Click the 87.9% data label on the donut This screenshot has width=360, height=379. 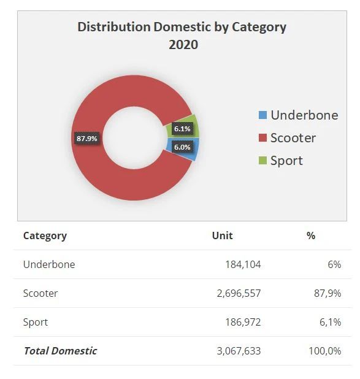(x=87, y=139)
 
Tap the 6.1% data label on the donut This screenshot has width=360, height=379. (x=182, y=129)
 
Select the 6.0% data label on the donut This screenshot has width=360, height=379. (x=182, y=147)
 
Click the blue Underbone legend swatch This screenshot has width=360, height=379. (x=262, y=115)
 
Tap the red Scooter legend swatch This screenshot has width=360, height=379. (x=262, y=138)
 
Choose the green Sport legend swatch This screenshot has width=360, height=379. (x=262, y=161)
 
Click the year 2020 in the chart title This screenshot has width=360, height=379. (x=183, y=45)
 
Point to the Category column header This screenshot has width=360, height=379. (x=45, y=236)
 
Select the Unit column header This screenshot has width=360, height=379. (x=222, y=235)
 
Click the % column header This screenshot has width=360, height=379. (x=311, y=235)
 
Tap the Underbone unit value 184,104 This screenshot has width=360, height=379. (x=243, y=264)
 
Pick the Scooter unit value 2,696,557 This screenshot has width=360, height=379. (x=239, y=293)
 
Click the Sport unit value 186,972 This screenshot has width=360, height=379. (x=243, y=322)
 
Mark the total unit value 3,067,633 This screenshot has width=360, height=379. (x=239, y=351)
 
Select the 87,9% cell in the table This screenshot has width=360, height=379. (x=327, y=293)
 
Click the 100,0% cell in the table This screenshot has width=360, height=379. (x=325, y=351)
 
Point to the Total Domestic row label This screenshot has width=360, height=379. (x=60, y=351)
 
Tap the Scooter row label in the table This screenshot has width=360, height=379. (x=40, y=293)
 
